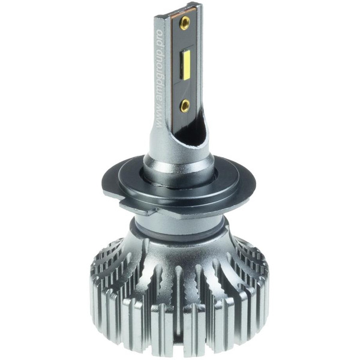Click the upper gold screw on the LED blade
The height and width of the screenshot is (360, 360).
185,22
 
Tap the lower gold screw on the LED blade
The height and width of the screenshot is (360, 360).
185,106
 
